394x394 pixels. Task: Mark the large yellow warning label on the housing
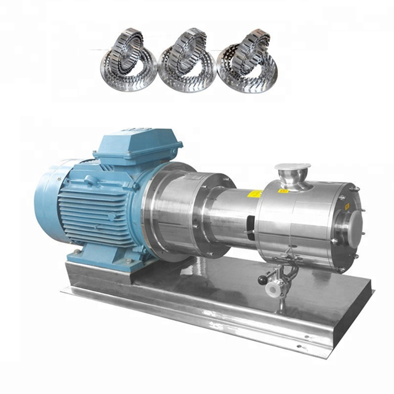[x=255, y=194]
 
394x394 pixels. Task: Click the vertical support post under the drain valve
[x=281, y=304]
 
